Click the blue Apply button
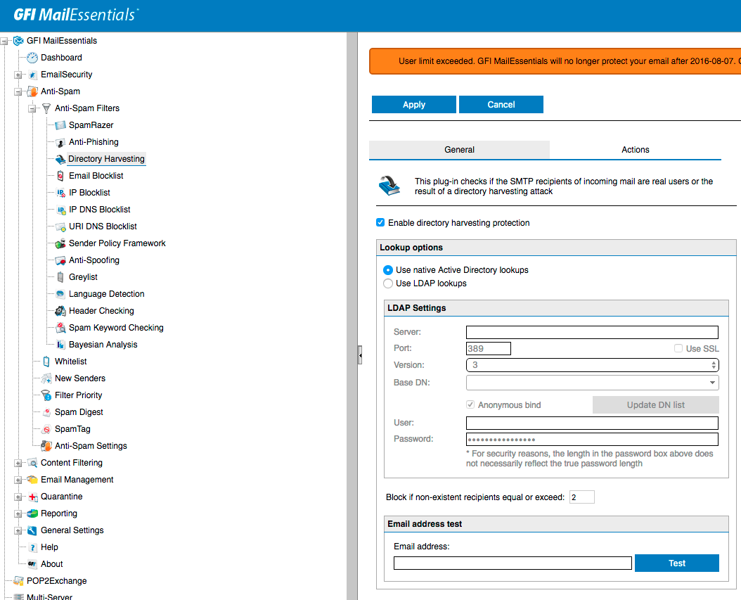[x=413, y=105]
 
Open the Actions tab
[x=635, y=150]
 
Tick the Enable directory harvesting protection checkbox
[x=381, y=223]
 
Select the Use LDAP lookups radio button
[x=388, y=283]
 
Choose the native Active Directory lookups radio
[x=388, y=270]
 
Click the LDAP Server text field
[x=592, y=333]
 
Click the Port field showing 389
[x=489, y=349]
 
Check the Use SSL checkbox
[x=678, y=349]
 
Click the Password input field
[x=592, y=440]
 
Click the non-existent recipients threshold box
[x=582, y=497]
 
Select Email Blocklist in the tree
[x=96, y=176]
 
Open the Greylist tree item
[x=83, y=277]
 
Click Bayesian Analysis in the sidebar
[x=103, y=345]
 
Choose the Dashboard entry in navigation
[x=61, y=58]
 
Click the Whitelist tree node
[x=70, y=362]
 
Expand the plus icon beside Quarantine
[x=18, y=497]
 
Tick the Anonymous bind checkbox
[x=471, y=405]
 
